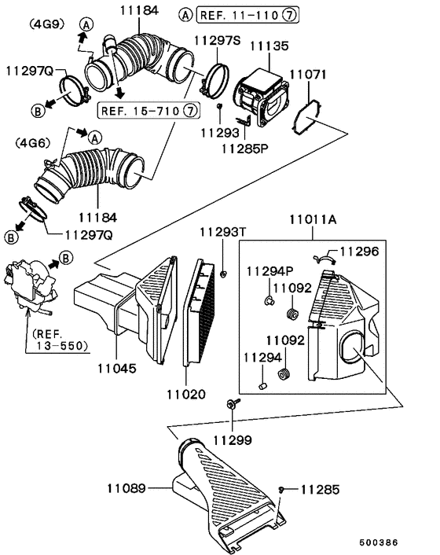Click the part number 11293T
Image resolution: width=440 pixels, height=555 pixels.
(x=222, y=232)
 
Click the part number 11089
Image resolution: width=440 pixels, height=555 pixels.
(x=126, y=488)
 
